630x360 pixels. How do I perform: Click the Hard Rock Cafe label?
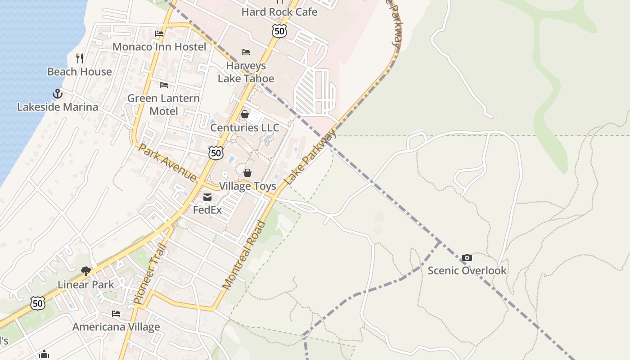tap(279, 12)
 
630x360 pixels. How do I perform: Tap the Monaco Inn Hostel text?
tap(159, 47)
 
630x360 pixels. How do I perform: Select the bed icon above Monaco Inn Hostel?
tap(159, 33)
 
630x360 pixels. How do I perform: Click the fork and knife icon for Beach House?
tap(80, 58)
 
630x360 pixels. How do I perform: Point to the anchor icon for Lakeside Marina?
tap(57, 94)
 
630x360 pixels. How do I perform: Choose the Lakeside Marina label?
tap(57, 107)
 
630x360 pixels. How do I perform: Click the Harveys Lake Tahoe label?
tap(246, 72)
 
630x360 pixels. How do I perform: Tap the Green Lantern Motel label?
tap(163, 104)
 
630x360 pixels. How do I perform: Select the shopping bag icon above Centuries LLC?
tap(245, 114)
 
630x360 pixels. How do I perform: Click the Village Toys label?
tap(247, 186)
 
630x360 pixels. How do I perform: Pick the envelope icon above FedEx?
tap(207, 197)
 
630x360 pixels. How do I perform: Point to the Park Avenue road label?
tap(167, 162)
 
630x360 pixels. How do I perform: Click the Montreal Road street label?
tap(245, 255)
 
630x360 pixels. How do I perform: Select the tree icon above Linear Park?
tap(85, 271)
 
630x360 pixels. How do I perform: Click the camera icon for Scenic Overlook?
tap(467, 257)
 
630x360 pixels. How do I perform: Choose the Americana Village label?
tap(116, 327)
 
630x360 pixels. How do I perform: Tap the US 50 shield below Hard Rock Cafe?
tap(279, 31)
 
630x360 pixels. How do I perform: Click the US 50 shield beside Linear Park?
tap(38, 303)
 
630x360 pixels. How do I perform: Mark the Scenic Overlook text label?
tap(467, 270)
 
